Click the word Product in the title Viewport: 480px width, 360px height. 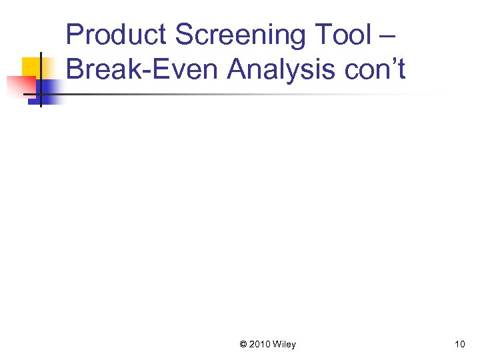pos(116,35)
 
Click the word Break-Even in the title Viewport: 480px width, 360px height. pos(142,69)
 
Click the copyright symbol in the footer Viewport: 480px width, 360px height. pos(243,344)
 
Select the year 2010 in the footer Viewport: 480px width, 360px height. pos(261,344)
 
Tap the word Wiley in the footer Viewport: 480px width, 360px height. pos(285,344)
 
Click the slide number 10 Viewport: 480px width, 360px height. pos(459,344)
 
